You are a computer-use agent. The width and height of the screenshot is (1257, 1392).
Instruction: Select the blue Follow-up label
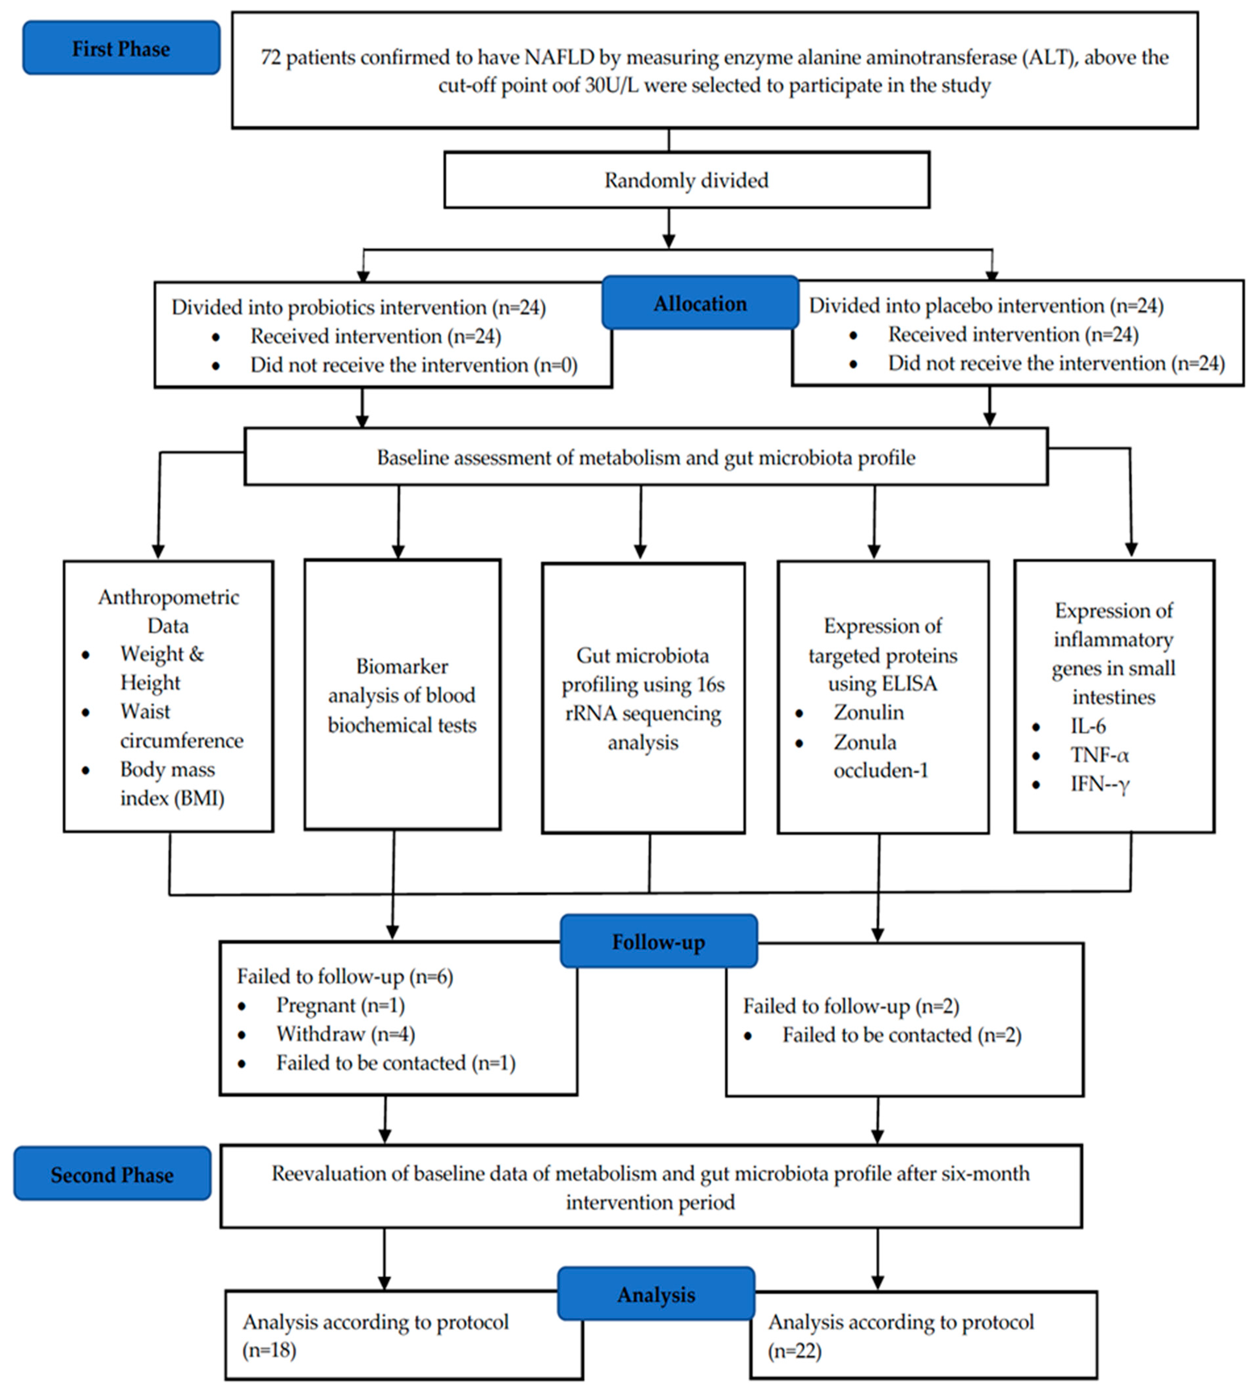pyautogui.click(x=658, y=942)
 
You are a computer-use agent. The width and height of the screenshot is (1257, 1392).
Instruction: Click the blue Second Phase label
pyautogui.click(x=112, y=1175)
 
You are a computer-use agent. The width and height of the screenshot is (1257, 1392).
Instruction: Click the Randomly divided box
pyautogui.click(x=687, y=180)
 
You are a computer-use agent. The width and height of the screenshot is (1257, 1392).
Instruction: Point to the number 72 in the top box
pyautogui.click(x=270, y=57)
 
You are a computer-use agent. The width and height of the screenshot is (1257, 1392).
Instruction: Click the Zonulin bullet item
pyautogui.click(x=868, y=712)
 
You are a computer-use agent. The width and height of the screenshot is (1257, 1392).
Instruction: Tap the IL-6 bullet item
pyautogui.click(x=1088, y=726)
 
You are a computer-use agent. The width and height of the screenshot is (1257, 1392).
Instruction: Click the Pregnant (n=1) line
pyautogui.click(x=340, y=1005)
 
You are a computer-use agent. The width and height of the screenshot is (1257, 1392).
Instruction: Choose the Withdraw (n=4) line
pyautogui.click(x=345, y=1034)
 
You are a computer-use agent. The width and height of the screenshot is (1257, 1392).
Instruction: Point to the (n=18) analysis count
pyautogui.click(x=269, y=1350)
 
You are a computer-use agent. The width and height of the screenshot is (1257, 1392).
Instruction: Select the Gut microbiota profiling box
pyautogui.click(x=643, y=699)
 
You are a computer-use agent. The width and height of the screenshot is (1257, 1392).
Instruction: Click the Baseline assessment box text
pyautogui.click(x=646, y=457)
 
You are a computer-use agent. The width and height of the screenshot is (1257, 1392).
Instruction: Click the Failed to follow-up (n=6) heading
pyautogui.click(x=345, y=975)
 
